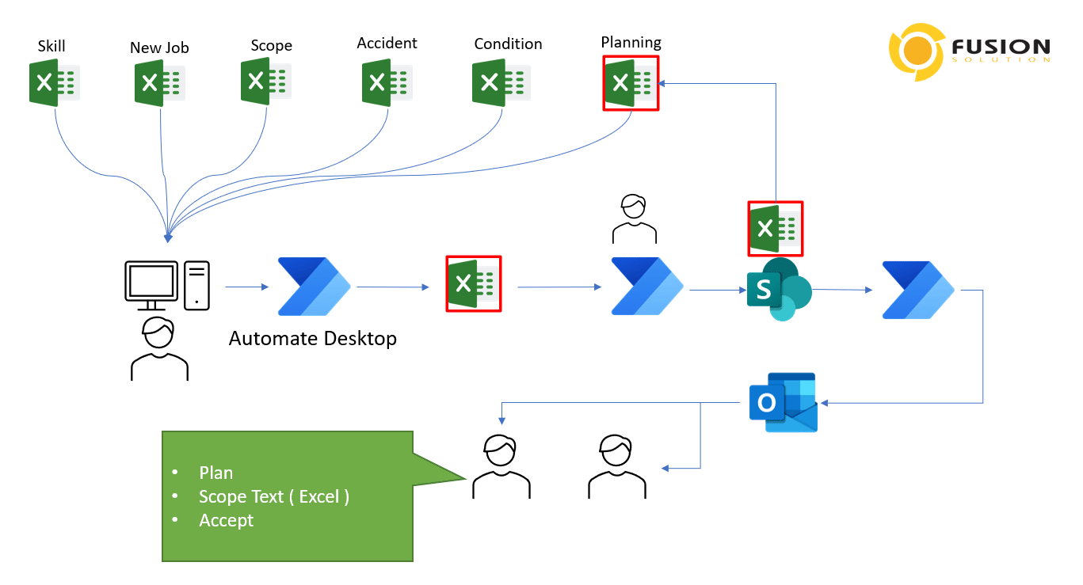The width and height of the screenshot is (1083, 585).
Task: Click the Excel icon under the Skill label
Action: click(x=54, y=82)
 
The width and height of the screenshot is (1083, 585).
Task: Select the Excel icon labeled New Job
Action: click(x=160, y=83)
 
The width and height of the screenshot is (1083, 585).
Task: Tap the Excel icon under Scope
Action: click(x=265, y=81)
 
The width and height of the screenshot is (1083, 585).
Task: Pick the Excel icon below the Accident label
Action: click(x=387, y=83)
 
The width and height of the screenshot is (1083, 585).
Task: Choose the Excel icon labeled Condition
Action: click(x=501, y=83)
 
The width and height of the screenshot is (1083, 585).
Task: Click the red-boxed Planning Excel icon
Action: click(x=631, y=82)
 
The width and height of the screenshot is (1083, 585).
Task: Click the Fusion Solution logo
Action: click(x=971, y=52)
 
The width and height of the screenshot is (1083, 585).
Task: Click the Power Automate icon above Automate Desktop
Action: click(x=314, y=287)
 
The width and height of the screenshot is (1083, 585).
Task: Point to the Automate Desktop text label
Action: click(x=313, y=339)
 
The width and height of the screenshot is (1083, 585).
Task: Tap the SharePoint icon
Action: click(x=777, y=290)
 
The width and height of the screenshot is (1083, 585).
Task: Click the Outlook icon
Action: click(x=783, y=402)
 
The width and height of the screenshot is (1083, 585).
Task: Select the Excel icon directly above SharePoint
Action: click(x=776, y=229)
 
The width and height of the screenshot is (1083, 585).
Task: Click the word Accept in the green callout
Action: click(x=226, y=520)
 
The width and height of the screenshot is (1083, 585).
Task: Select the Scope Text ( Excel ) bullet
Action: click(x=273, y=496)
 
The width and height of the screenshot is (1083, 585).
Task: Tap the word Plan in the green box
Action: click(x=215, y=473)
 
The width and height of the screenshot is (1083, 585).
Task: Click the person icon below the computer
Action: click(x=159, y=349)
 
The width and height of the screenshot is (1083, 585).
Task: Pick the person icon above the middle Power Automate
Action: click(x=635, y=218)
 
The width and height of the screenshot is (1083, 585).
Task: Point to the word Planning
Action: click(x=631, y=42)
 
